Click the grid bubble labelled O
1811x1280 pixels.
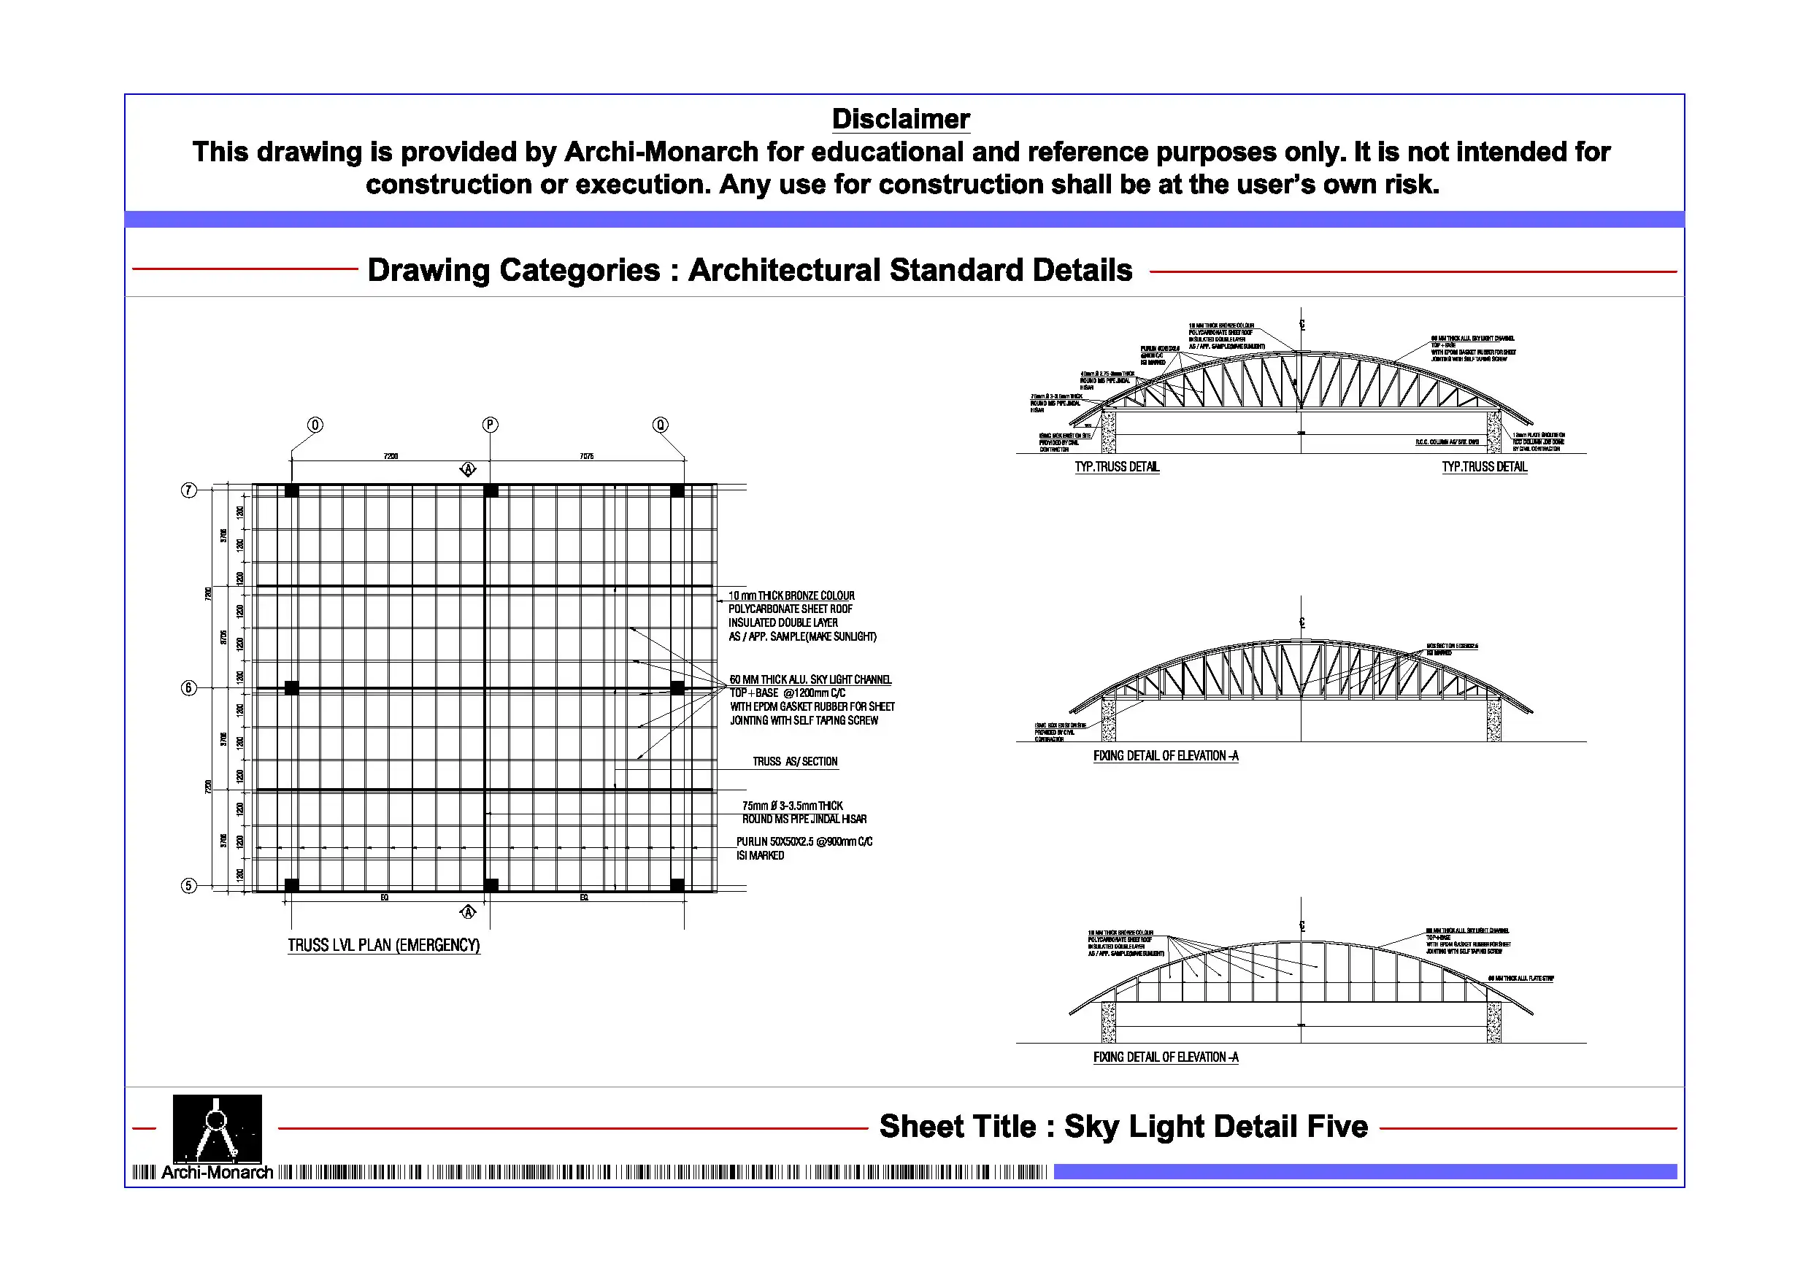(315, 425)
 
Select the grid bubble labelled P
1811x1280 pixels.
(490, 425)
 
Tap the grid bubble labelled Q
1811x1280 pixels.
(660, 425)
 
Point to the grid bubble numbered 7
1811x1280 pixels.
(188, 490)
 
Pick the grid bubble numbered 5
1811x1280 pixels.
(188, 886)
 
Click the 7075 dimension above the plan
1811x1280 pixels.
(586, 457)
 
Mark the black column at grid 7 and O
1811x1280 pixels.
(292, 490)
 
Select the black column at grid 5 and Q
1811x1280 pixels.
(677, 886)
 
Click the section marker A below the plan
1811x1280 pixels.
(468, 912)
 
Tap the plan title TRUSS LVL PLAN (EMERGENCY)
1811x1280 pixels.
(383, 945)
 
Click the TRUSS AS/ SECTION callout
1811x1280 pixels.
(794, 762)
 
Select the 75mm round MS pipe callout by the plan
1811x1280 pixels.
(804, 812)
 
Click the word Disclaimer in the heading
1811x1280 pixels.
(901, 119)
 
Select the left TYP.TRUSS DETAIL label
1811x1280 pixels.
(1117, 467)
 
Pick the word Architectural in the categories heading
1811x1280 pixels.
(784, 271)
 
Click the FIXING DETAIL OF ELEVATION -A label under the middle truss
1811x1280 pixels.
(1166, 756)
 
